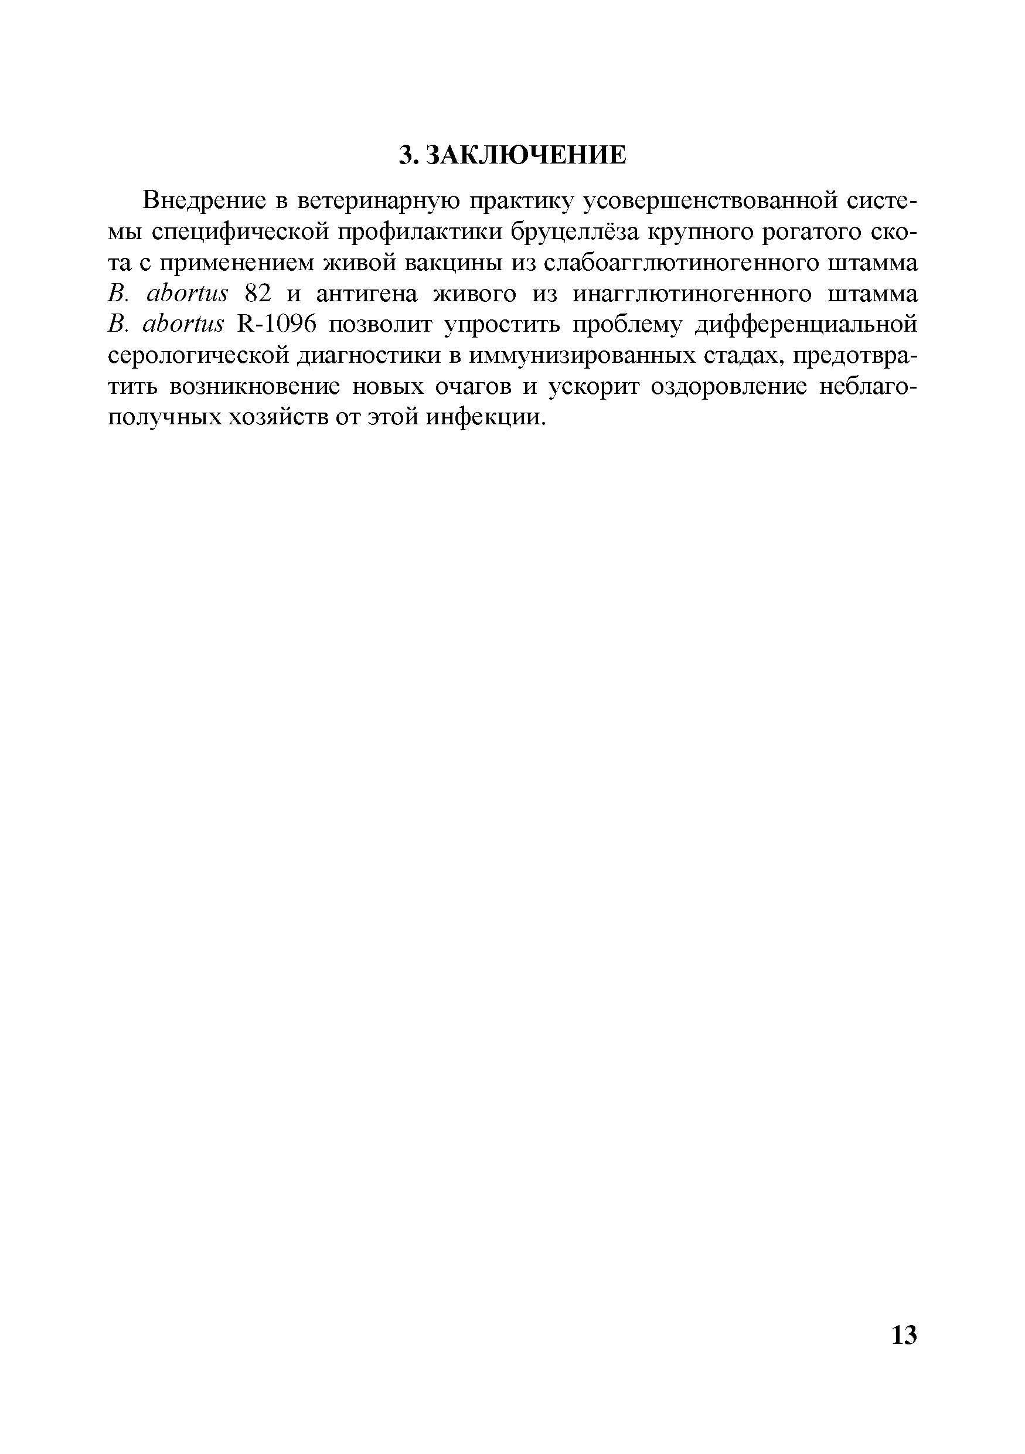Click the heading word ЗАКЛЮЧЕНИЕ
click(x=525, y=155)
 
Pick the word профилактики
click(x=416, y=233)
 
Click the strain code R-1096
click(x=276, y=325)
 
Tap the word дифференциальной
click(x=806, y=325)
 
